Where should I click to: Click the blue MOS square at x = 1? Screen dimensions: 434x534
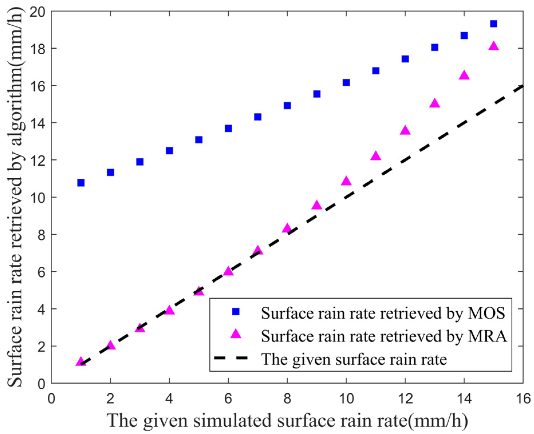(81, 183)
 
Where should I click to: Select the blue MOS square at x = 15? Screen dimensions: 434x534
(493, 24)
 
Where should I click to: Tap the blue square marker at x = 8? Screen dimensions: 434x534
(287, 106)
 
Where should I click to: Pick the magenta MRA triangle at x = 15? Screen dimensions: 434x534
(493, 46)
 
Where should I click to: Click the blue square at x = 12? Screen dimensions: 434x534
(405, 59)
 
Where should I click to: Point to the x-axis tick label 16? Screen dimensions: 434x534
(523, 399)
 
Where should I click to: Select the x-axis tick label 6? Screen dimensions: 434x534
(228, 399)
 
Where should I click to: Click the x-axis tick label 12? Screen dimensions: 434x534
(405, 399)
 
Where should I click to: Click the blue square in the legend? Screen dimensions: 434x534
(236, 312)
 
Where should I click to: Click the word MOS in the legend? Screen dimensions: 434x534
(486, 313)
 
